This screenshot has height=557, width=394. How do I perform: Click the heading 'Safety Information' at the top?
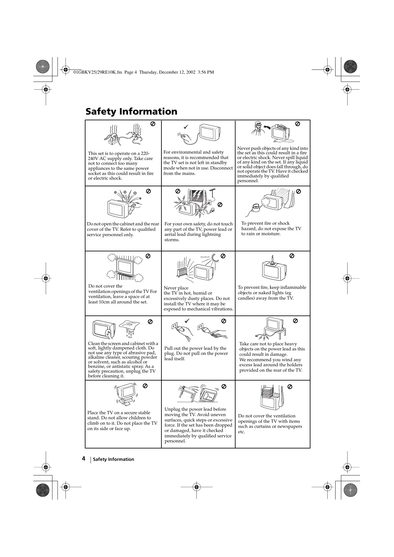point(131,111)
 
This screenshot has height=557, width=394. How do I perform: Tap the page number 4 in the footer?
point(83,459)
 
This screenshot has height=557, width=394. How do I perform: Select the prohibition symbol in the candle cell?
point(292,255)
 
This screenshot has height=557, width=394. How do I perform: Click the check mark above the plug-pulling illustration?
point(187,320)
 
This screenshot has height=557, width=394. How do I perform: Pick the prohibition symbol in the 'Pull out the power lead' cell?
point(223,321)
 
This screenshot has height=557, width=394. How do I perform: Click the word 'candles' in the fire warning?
point(247,298)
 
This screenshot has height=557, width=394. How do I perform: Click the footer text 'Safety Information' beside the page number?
point(113,459)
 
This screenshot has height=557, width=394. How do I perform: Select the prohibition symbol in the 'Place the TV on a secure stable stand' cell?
point(145,386)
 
